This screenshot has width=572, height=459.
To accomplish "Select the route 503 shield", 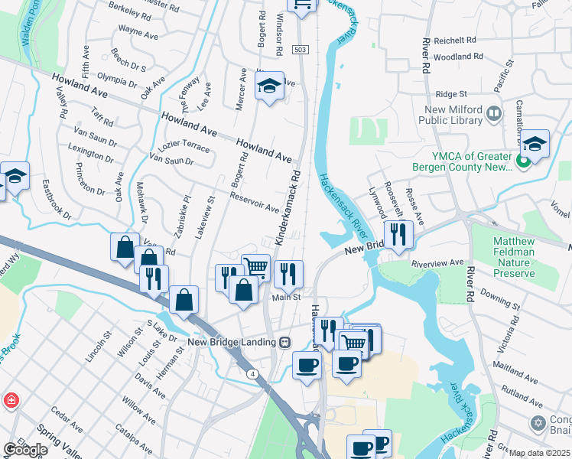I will pos(300,50).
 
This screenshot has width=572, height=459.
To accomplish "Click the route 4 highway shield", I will pos(252,373).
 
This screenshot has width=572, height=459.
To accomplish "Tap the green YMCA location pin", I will pos(524,161).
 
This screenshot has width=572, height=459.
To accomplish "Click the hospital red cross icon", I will pos(11,400).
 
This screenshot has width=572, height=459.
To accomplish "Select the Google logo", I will pos(25,450).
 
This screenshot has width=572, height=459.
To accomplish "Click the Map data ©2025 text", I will pos(540,453).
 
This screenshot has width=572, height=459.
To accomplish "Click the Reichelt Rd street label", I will pos(455,40).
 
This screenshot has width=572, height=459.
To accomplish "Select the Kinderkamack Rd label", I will pos(287,207).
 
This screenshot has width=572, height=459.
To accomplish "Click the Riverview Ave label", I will pos(437,262).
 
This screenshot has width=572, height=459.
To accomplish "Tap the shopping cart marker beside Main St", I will pos(256,267).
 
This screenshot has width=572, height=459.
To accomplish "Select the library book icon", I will pos(494,114).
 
